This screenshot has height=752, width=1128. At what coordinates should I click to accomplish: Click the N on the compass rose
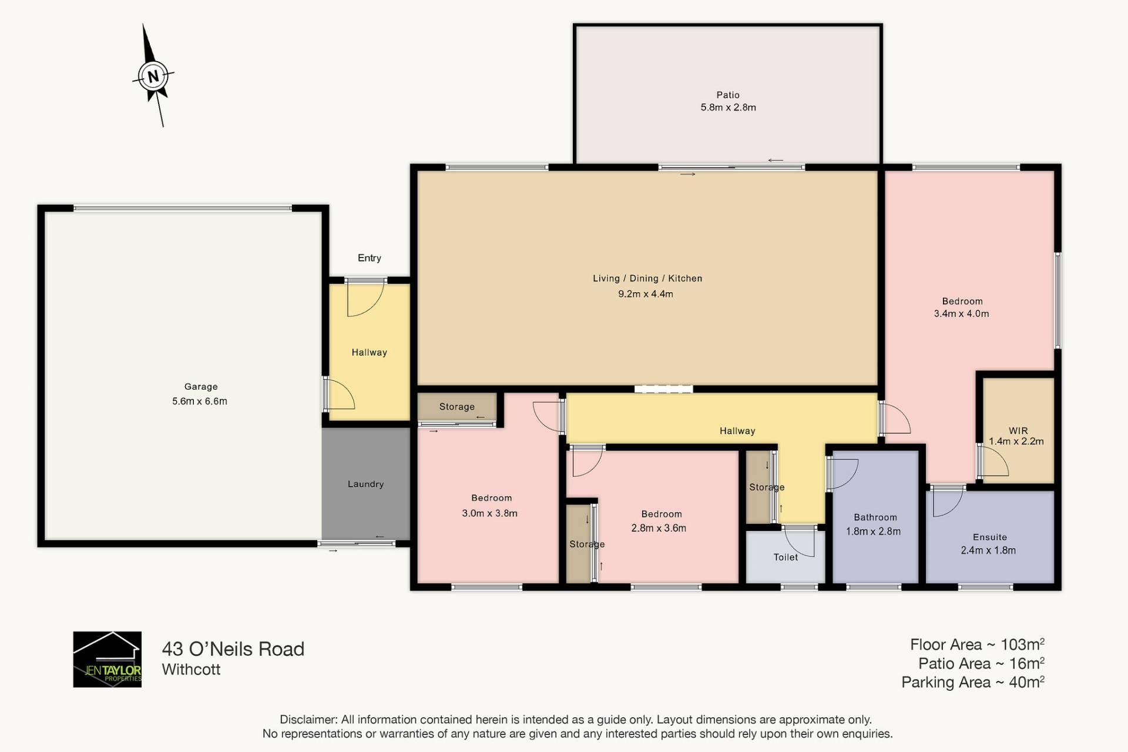(x=153, y=76)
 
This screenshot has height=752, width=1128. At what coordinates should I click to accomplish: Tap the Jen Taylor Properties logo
(x=107, y=659)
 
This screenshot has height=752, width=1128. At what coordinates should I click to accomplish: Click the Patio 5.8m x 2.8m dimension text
(x=728, y=107)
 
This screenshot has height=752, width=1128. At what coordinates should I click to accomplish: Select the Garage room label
(x=201, y=386)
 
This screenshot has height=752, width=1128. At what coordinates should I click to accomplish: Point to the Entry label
(x=370, y=258)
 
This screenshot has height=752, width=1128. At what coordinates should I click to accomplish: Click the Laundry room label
(x=365, y=484)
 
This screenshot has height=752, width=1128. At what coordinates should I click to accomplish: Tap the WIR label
(x=1018, y=430)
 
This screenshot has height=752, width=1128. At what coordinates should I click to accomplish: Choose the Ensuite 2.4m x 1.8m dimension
(x=988, y=550)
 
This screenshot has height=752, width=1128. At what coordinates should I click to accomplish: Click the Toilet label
(x=785, y=557)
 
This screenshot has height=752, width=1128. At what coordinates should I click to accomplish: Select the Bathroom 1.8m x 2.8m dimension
(x=873, y=531)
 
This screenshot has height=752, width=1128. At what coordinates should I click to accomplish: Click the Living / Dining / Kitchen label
(x=647, y=278)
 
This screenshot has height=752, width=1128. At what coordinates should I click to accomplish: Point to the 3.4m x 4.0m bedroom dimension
(x=961, y=313)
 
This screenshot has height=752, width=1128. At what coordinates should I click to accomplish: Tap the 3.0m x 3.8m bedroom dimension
(x=489, y=513)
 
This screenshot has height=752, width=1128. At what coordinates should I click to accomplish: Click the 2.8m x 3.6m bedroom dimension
(x=659, y=528)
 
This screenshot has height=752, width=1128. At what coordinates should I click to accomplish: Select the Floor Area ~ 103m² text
(x=977, y=644)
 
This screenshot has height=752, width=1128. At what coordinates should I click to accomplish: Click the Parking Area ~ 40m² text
(x=973, y=682)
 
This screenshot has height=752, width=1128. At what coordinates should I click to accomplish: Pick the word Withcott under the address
(x=191, y=669)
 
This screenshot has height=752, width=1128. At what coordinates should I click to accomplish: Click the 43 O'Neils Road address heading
(x=233, y=649)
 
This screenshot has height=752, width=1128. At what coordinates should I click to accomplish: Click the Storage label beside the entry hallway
(x=456, y=406)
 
